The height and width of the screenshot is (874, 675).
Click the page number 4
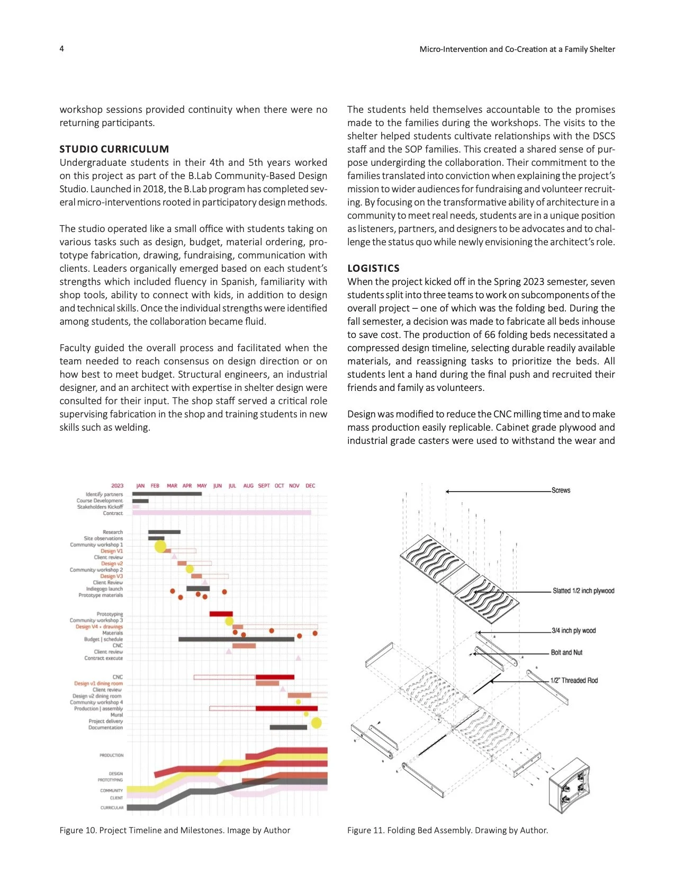pos(62,49)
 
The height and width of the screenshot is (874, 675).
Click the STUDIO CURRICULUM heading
pos(114,149)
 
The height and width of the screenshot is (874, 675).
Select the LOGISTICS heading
pos(373,269)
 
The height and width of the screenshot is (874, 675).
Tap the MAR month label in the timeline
pos(172,486)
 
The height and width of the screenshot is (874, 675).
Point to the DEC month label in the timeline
pos(310,486)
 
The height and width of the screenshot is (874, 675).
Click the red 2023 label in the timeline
pos(117,486)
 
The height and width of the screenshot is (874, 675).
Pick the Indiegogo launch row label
pos(104,589)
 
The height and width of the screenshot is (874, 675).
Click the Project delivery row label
pos(105,721)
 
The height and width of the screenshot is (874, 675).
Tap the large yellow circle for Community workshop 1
pos(160,546)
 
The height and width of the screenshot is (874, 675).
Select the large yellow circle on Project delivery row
pos(316,723)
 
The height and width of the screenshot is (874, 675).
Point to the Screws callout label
pos(561,490)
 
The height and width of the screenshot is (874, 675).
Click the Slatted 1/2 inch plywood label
pos(583,591)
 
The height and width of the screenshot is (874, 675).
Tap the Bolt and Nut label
pos(566,653)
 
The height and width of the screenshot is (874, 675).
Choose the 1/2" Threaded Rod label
pos(574,681)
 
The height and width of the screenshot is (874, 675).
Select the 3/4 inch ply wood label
pos(574,631)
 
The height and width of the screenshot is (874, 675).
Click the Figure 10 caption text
pos(175,830)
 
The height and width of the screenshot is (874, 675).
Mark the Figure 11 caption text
pos(447,830)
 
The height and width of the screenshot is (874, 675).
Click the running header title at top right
pos(517,49)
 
